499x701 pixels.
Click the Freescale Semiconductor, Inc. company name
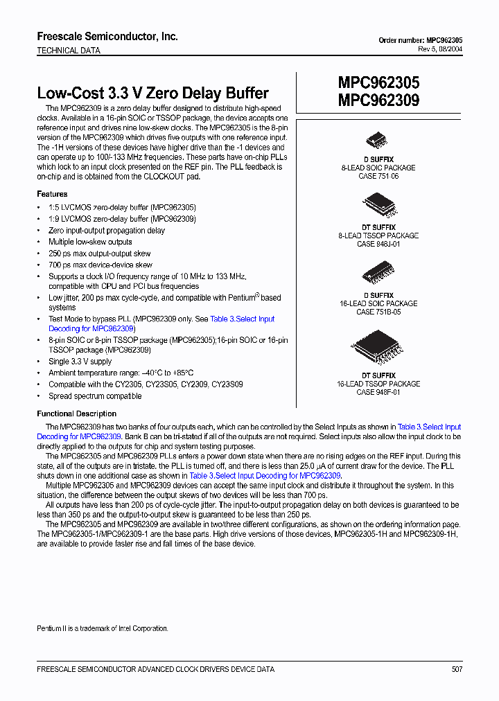coord(107,37)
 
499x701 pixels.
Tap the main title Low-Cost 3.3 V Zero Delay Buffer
coord(152,93)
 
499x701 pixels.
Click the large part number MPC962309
coord(378,100)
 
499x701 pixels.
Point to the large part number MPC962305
coord(378,82)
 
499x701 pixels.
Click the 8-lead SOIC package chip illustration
coord(378,141)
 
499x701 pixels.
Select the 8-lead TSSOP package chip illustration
coord(378,204)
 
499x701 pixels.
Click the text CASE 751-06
coord(378,177)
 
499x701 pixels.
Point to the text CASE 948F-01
coord(378,393)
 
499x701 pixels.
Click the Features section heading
coord(52,194)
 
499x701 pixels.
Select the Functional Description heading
coord(77,414)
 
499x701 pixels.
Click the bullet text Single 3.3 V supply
coord(80,362)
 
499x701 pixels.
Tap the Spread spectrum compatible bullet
coord(95,396)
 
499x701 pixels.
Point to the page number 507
coord(456,669)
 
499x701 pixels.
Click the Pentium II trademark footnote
coord(102,628)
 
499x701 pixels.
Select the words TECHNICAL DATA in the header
coord(68,51)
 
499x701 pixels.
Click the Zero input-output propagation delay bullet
coord(106,231)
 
